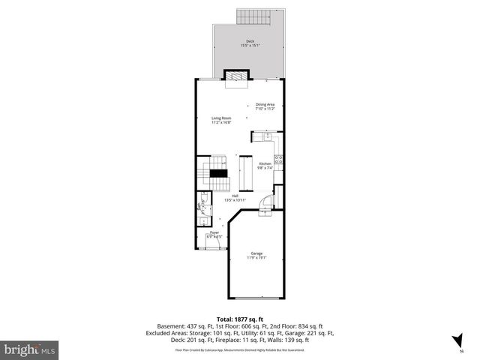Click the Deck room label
coord(250,41)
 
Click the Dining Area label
coord(265,104)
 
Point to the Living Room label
coord(220,118)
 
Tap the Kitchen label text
coord(265,163)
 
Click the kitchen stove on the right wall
coord(278,158)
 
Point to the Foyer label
coord(214,233)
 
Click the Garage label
coord(256,253)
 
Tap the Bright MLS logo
coord(30,349)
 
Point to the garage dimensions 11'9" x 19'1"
coord(256,259)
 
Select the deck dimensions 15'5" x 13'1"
coord(250,46)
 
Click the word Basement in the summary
coord(169,326)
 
